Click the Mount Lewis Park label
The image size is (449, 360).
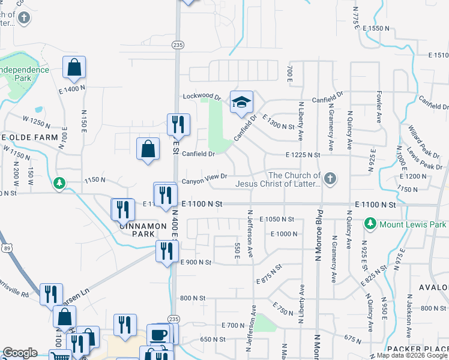tap(412, 224)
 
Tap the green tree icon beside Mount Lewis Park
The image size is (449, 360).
tap(370, 224)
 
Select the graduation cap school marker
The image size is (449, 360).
tap(241, 103)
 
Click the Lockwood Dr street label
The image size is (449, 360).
tap(199, 96)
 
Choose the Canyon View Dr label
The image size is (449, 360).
tap(204, 176)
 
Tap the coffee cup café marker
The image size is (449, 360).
tap(159, 335)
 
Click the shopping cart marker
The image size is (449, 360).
tap(59, 356)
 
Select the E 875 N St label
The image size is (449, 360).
tap(268, 273)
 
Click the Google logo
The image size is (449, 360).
tap(20, 353)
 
